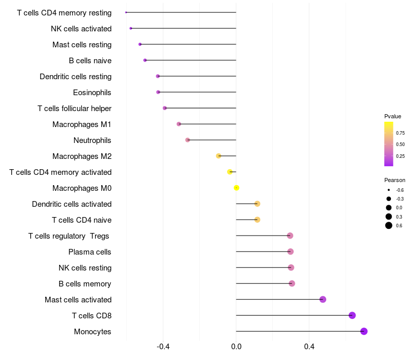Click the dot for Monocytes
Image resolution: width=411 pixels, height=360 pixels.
coord(364,331)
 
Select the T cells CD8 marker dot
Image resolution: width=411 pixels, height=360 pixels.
coord(352,315)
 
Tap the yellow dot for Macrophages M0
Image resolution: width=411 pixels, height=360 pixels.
coord(236,188)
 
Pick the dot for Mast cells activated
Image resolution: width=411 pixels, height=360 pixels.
coord(323,299)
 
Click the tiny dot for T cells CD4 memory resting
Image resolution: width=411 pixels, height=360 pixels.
coord(126,12)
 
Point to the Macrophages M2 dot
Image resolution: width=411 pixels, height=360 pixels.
coord(219,156)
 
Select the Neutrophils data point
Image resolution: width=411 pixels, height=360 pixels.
coord(188,140)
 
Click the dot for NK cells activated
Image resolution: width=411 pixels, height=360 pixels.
coord(131,28)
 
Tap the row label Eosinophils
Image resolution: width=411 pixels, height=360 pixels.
coord(92,93)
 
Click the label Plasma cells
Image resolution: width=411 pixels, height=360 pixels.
coord(89,252)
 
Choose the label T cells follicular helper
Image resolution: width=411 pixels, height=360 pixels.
coord(74,109)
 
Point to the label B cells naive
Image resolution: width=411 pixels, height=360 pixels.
coord(90,61)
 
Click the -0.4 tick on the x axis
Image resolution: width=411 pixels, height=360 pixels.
coord(163,347)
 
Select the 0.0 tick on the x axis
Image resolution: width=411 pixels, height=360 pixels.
coord(236,347)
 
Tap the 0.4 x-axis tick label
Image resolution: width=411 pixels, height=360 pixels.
coord(309,347)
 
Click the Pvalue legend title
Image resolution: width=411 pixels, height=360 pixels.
coord(393,116)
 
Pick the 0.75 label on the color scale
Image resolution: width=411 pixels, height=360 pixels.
coord(400,133)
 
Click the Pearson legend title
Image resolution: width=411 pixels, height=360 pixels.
coord(395,180)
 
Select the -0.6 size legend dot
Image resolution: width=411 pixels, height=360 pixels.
coord(389,190)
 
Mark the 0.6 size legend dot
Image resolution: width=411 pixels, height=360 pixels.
coord(389,225)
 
